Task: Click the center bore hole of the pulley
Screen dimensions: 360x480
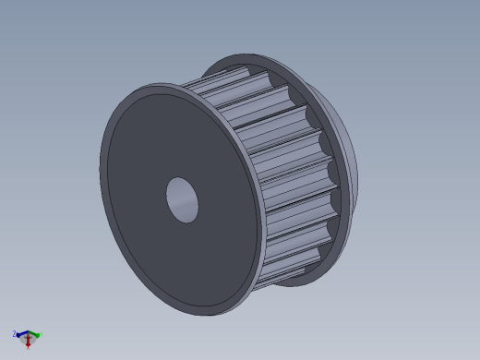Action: pos(182,199)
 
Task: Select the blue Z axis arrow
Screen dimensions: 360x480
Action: pos(20,334)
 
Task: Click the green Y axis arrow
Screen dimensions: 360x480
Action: pos(35,334)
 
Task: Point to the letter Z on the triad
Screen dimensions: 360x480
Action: pos(14,332)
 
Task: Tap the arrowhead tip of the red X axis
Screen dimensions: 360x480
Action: pos(29,345)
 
